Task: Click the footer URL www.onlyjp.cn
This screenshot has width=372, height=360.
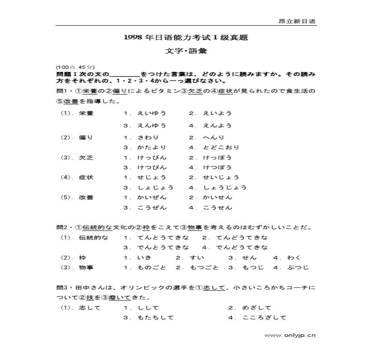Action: (x=290, y=335)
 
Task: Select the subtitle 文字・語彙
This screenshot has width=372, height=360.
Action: (x=186, y=51)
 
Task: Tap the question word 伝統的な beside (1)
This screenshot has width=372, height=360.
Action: (x=94, y=237)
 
